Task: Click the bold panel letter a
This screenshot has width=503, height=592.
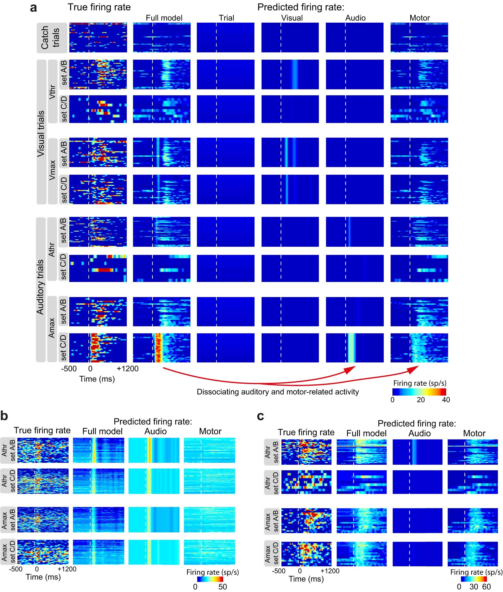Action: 33,8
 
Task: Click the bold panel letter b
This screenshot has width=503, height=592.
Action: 4,416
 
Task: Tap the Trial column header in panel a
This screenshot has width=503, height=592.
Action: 226,18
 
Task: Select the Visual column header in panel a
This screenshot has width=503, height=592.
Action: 292,18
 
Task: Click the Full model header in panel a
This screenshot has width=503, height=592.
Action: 164,18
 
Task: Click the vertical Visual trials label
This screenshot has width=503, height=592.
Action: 41,134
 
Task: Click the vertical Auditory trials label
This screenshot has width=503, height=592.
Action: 40,287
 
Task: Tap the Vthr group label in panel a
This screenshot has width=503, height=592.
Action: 52,91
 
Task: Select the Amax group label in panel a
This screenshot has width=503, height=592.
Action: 52,328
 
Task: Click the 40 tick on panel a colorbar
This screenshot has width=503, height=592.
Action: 446,400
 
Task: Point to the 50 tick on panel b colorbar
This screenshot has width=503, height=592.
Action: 223,587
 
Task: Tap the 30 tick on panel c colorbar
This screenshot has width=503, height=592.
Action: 474,587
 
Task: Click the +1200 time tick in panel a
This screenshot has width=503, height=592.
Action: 128,369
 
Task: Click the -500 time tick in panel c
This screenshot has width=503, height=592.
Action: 278,571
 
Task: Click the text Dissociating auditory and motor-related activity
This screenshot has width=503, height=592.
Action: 278,392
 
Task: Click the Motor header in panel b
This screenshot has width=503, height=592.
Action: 210,431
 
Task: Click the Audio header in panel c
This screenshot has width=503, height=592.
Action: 419,433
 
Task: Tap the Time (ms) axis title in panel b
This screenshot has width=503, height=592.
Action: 43,577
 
